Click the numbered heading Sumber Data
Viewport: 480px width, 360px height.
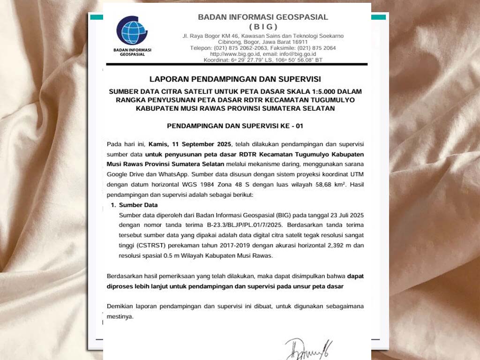click(x=138, y=205)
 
